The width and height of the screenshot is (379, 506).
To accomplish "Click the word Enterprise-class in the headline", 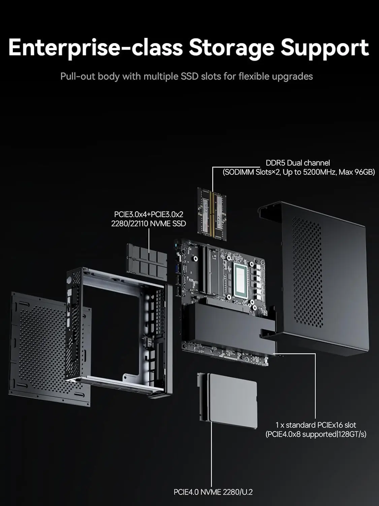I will (x=95, y=48).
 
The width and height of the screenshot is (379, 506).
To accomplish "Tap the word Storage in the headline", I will (x=231, y=48).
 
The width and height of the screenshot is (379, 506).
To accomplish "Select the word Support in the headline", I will (x=324, y=48).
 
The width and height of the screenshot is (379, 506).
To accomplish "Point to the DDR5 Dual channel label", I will (x=297, y=163).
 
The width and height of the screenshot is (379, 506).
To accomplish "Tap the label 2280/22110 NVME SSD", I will (x=149, y=223).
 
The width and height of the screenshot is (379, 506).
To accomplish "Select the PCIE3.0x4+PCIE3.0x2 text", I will (x=149, y=214).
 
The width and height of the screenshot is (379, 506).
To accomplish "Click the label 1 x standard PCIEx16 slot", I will (x=316, y=425).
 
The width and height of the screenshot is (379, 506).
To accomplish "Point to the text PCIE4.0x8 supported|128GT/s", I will (x=316, y=434).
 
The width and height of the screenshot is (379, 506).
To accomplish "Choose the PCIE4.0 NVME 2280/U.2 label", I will (x=213, y=492).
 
